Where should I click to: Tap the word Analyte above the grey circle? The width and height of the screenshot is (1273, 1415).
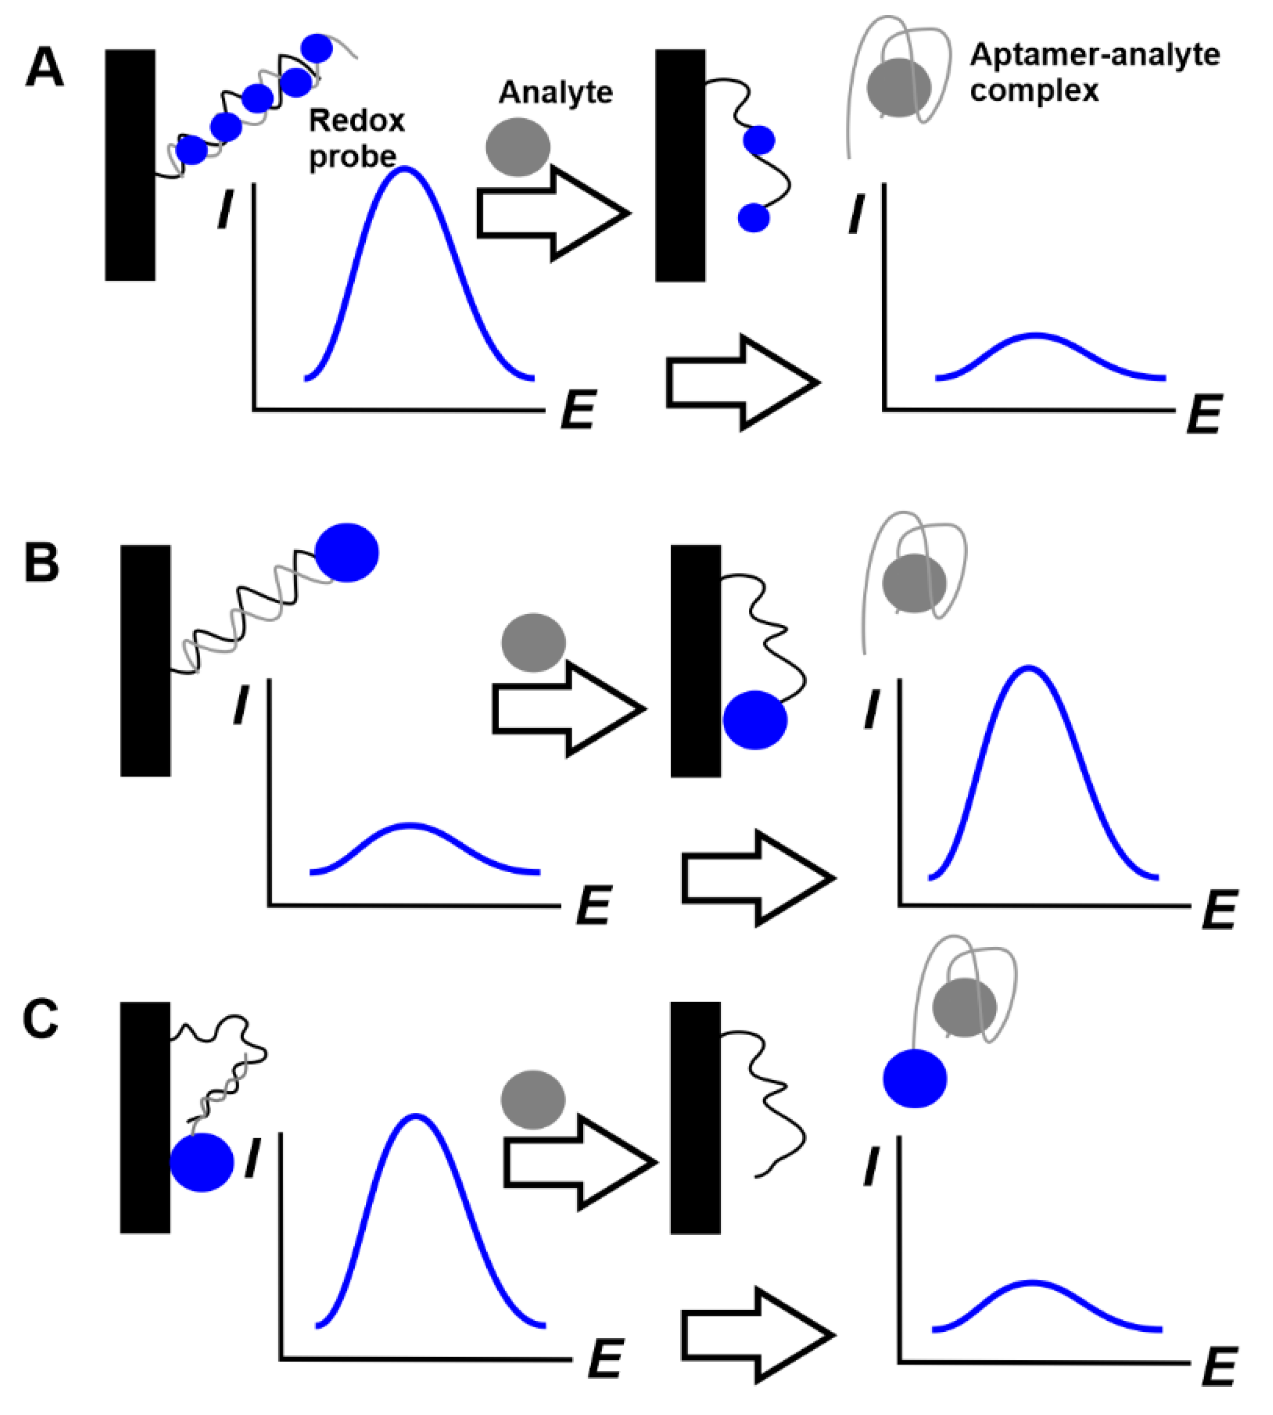pos(556,92)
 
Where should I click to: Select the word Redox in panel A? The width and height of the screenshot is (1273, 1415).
pos(357,121)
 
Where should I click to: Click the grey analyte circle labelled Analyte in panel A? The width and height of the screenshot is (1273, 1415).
pos(518,147)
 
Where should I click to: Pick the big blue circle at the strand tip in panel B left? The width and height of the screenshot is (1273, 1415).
pos(347,553)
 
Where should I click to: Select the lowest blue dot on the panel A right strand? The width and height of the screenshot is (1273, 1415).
pos(754,217)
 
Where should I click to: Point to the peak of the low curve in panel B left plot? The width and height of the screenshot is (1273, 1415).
pos(411,826)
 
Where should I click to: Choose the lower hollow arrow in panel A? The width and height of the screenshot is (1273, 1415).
pos(741,382)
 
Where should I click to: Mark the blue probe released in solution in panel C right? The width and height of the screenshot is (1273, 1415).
pos(915,1078)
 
